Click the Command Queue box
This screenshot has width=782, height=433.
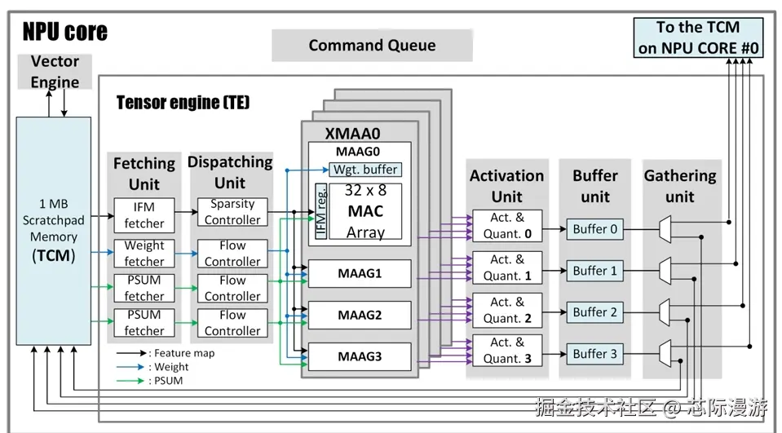(372, 46)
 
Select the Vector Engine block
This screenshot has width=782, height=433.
(55, 72)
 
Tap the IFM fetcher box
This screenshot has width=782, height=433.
(144, 214)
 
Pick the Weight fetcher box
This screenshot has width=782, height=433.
(144, 254)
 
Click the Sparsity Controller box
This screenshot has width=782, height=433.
(232, 212)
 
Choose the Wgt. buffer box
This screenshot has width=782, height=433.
(364, 170)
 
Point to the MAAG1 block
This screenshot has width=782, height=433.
(360, 273)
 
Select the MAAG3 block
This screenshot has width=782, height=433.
(360, 356)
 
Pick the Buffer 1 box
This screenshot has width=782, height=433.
(595, 271)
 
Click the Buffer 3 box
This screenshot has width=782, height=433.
(595, 354)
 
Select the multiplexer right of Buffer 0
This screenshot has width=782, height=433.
(665, 229)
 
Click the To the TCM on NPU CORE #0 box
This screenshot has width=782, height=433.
(699, 38)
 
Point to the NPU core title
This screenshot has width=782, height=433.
(64, 32)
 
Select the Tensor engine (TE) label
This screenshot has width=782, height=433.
(183, 103)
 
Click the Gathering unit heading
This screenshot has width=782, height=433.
(679, 186)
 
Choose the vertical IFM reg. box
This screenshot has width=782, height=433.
(322, 212)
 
